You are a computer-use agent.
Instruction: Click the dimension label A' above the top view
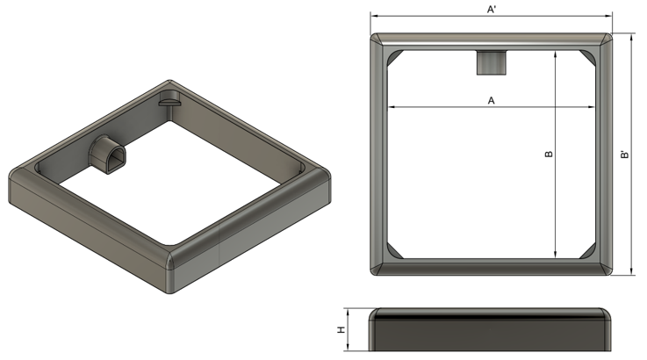click(x=491, y=9)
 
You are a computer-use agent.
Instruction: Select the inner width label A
click(x=491, y=100)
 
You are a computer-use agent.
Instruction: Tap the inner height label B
click(x=549, y=154)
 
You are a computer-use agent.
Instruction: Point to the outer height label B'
click(x=625, y=155)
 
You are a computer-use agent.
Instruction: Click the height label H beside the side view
click(x=341, y=330)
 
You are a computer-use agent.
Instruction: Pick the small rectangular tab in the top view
click(x=491, y=62)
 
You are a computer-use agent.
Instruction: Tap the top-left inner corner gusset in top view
click(x=394, y=57)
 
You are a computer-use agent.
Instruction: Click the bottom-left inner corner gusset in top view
click(x=394, y=251)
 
